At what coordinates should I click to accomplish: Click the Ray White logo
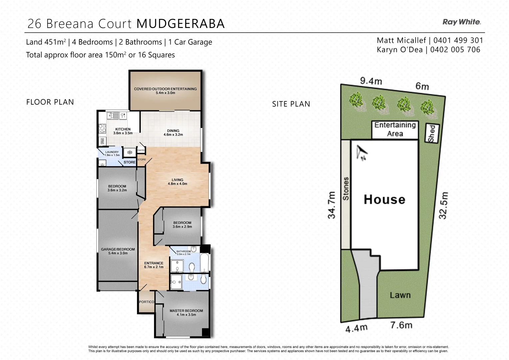tap(461, 22)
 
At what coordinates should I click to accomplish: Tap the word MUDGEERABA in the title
tap(181, 24)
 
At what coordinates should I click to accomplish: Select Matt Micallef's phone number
tap(458, 40)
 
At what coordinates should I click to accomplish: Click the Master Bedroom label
tap(186, 312)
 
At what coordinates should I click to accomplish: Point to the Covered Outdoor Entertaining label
tap(165, 91)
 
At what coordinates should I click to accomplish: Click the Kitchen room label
tap(123, 131)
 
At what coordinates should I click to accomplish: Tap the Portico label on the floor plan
tap(147, 302)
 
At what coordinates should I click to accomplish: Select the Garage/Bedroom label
tap(118, 251)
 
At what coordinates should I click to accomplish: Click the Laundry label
tap(112, 153)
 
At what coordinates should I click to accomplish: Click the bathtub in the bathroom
tap(204, 263)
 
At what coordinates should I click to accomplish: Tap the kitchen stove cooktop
tap(102, 129)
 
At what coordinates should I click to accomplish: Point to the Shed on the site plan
tap(432, 133)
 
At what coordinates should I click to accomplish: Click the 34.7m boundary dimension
tap(331, 205)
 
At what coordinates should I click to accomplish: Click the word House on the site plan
tap(384, 199)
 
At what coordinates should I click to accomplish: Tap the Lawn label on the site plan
tap(400, 295)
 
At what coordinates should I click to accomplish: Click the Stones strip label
tap(346, 189)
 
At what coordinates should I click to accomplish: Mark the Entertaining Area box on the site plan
tap(395, 129)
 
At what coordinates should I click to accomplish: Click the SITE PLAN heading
tap(291, 104)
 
